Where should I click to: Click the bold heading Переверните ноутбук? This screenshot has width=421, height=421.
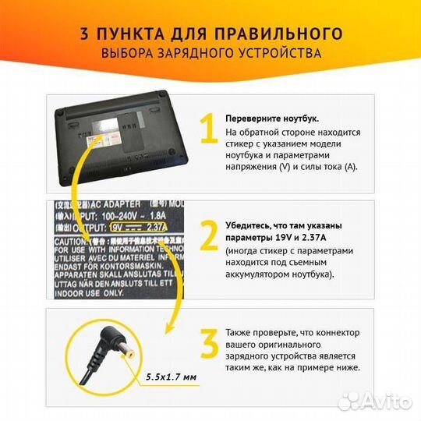tap(271, 118)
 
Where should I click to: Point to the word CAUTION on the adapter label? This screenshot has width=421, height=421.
tap(69, 242)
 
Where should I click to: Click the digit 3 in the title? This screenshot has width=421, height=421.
tap(83, 34)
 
